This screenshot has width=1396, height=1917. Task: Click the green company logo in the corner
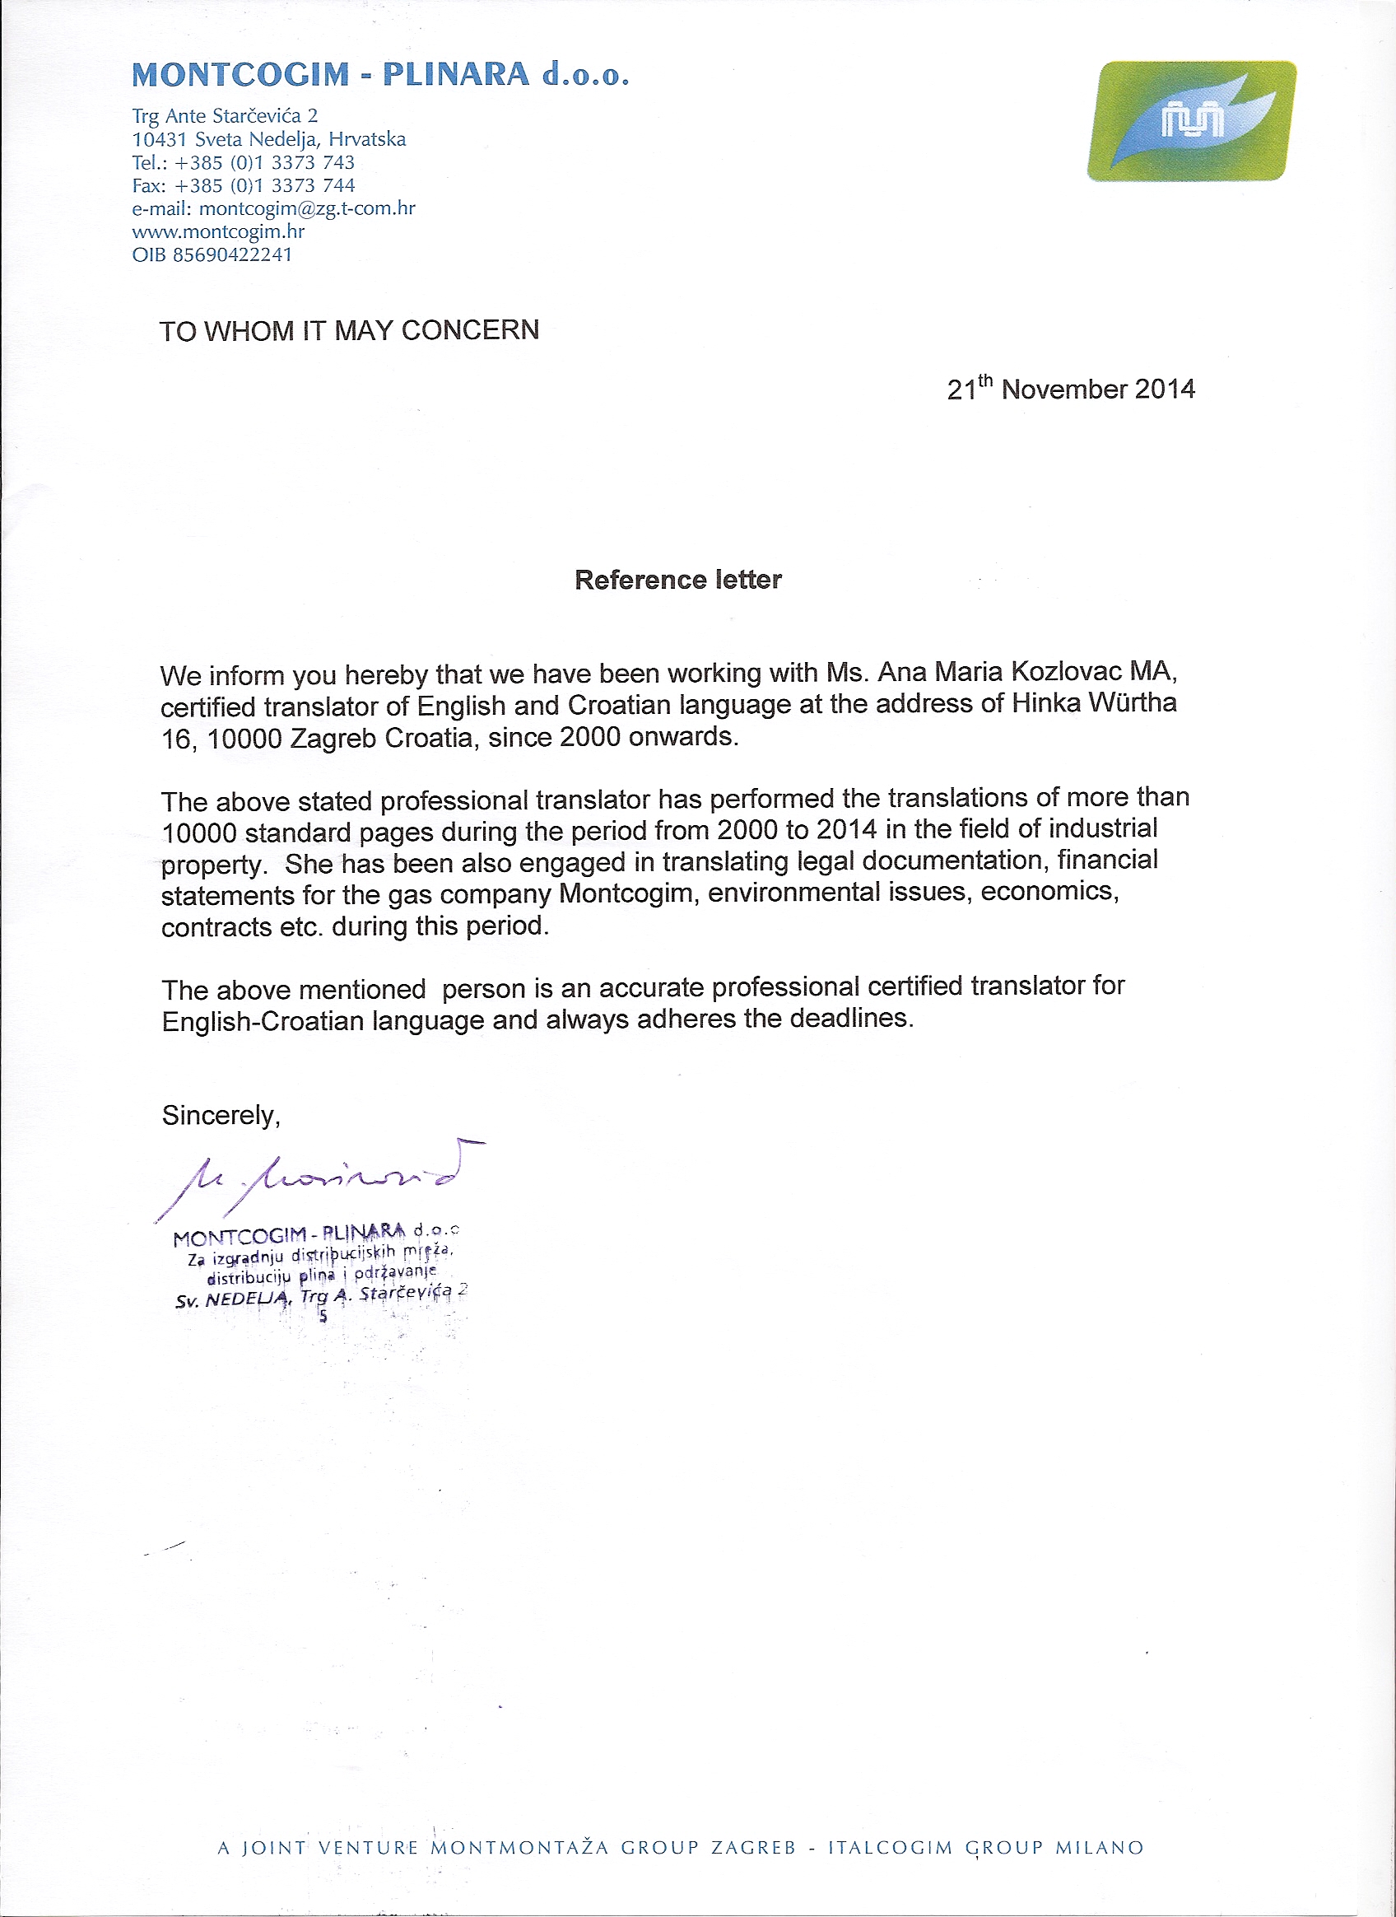[1192, 121]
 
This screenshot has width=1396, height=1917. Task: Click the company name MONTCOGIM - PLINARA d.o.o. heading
[380, 75]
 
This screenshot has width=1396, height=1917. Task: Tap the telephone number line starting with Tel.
[244, 162]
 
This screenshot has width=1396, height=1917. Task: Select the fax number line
[244, 185]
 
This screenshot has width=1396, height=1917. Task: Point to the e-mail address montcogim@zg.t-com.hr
[307, 208]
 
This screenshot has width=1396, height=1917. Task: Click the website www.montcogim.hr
[218, 231]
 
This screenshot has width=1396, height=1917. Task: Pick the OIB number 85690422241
[232, 254]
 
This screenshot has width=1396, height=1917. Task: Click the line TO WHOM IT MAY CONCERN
[349, 330]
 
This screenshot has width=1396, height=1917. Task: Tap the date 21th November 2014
[1071, 389]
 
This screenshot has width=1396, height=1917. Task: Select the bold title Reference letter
[677, 580]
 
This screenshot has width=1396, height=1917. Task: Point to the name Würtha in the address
[1133, 703]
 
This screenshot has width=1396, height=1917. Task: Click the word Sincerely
[221, 1116]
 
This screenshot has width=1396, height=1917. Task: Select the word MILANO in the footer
[1100, 1872]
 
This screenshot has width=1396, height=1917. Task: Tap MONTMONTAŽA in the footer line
[519, 1872]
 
